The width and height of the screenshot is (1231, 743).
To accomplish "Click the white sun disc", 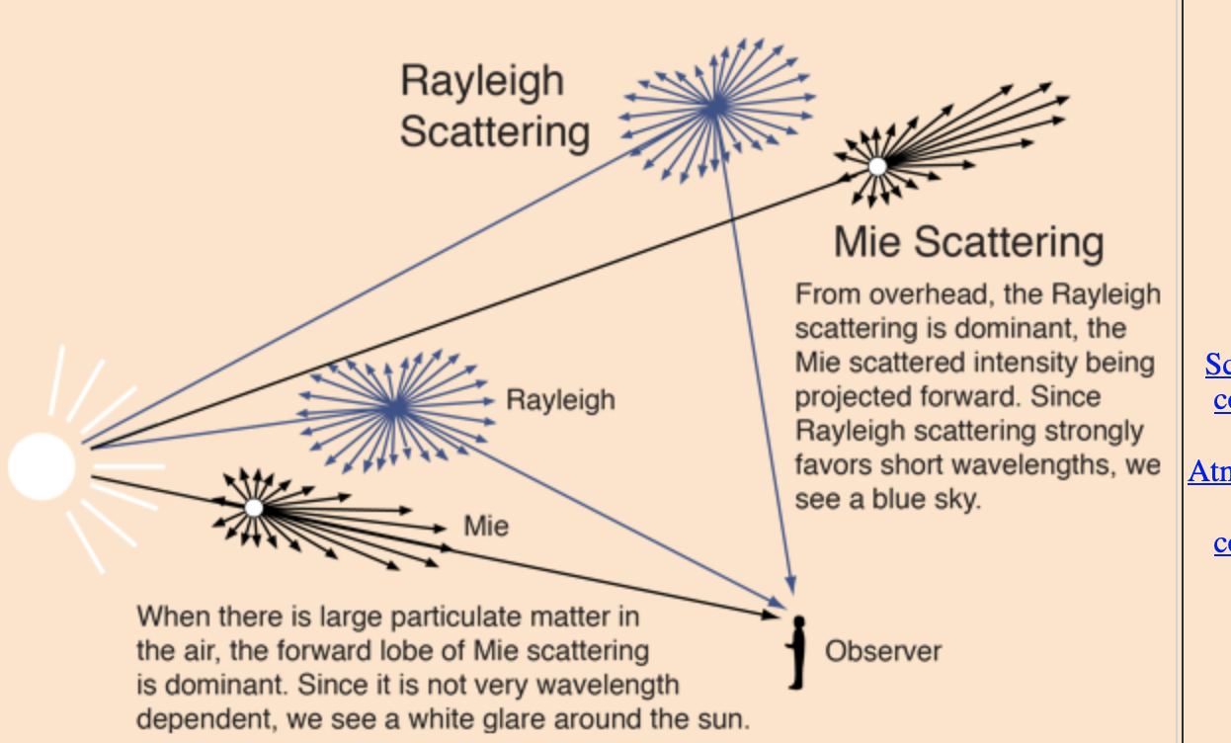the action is pos(42,465).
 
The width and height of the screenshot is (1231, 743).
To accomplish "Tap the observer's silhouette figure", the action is pos(797,652).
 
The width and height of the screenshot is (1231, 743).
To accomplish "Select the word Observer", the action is pos(882,652).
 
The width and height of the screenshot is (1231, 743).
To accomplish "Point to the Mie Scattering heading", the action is pos(968,242).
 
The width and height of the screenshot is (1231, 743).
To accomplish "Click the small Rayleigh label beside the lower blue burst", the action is pos(560,400).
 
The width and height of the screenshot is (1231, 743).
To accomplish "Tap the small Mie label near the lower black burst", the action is pos(486,526).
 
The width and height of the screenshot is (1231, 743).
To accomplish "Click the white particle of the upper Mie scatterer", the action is pos(877,166).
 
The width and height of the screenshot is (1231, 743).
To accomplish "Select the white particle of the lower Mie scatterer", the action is pos(254,508).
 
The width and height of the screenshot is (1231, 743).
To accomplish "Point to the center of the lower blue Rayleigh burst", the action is pos(395,407).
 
